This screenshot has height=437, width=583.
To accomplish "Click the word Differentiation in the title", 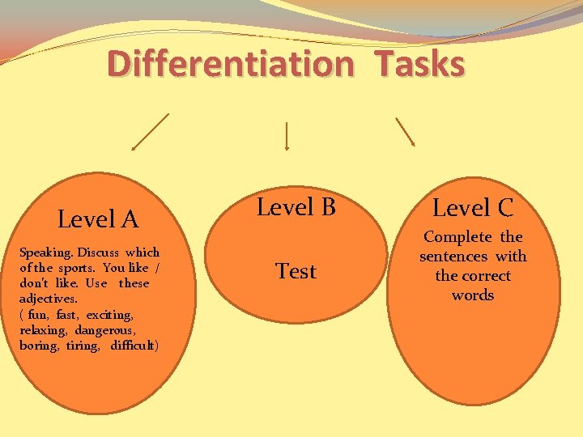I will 230,65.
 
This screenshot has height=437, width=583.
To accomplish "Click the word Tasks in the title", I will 419,65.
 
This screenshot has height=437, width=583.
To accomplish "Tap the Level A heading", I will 98,218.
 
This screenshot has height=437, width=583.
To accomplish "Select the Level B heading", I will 296,208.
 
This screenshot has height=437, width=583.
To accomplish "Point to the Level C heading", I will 472,209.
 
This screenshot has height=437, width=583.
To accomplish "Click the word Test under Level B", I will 296,271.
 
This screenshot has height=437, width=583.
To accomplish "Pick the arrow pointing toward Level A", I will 151,131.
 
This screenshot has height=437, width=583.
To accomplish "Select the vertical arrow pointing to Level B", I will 287,135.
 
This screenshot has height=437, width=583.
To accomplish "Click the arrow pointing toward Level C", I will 405,131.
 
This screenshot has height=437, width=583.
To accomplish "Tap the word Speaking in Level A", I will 47,252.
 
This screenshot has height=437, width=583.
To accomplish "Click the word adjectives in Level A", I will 47,299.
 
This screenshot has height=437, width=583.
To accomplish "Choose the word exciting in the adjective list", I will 112,314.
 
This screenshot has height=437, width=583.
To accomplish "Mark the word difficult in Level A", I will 134,346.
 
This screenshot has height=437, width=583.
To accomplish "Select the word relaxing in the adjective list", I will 43,330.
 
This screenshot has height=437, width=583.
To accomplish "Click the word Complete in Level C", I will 457,237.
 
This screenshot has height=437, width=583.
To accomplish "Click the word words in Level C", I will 472,295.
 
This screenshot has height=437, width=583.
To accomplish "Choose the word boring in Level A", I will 39,346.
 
